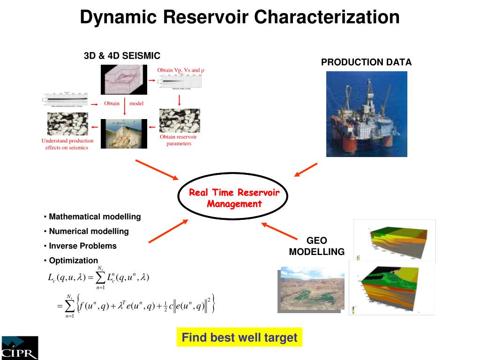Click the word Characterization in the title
[x=327, y=17]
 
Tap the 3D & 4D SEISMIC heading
[x=122, y=56]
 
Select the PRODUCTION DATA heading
[x=366, y=62]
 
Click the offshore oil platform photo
[x=366, y=114]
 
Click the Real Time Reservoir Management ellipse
[x=234, y=198]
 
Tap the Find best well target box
[x=239, y=337]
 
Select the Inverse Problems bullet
[x=82, y=246]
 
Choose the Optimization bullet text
[x=74, y=260]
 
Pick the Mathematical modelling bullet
[x=95, y=217]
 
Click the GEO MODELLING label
[x=316, y=246]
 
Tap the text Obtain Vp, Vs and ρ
[x=181, y=70]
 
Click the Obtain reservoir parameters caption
[x=179, y=140]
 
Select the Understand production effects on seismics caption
[x=67, y=144]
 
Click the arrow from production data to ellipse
[x=306, y=170]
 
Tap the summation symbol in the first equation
[x=100, y=278]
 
